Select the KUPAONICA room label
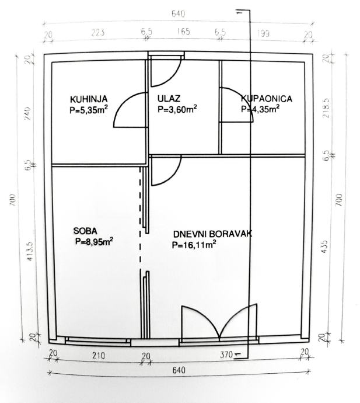click(x=267, y=99)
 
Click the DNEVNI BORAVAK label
click(x=212, y=234)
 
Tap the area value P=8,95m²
click(x=94, y=240)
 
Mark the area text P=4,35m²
click(x=260, y=109)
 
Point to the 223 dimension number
click(x=98, y=33)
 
